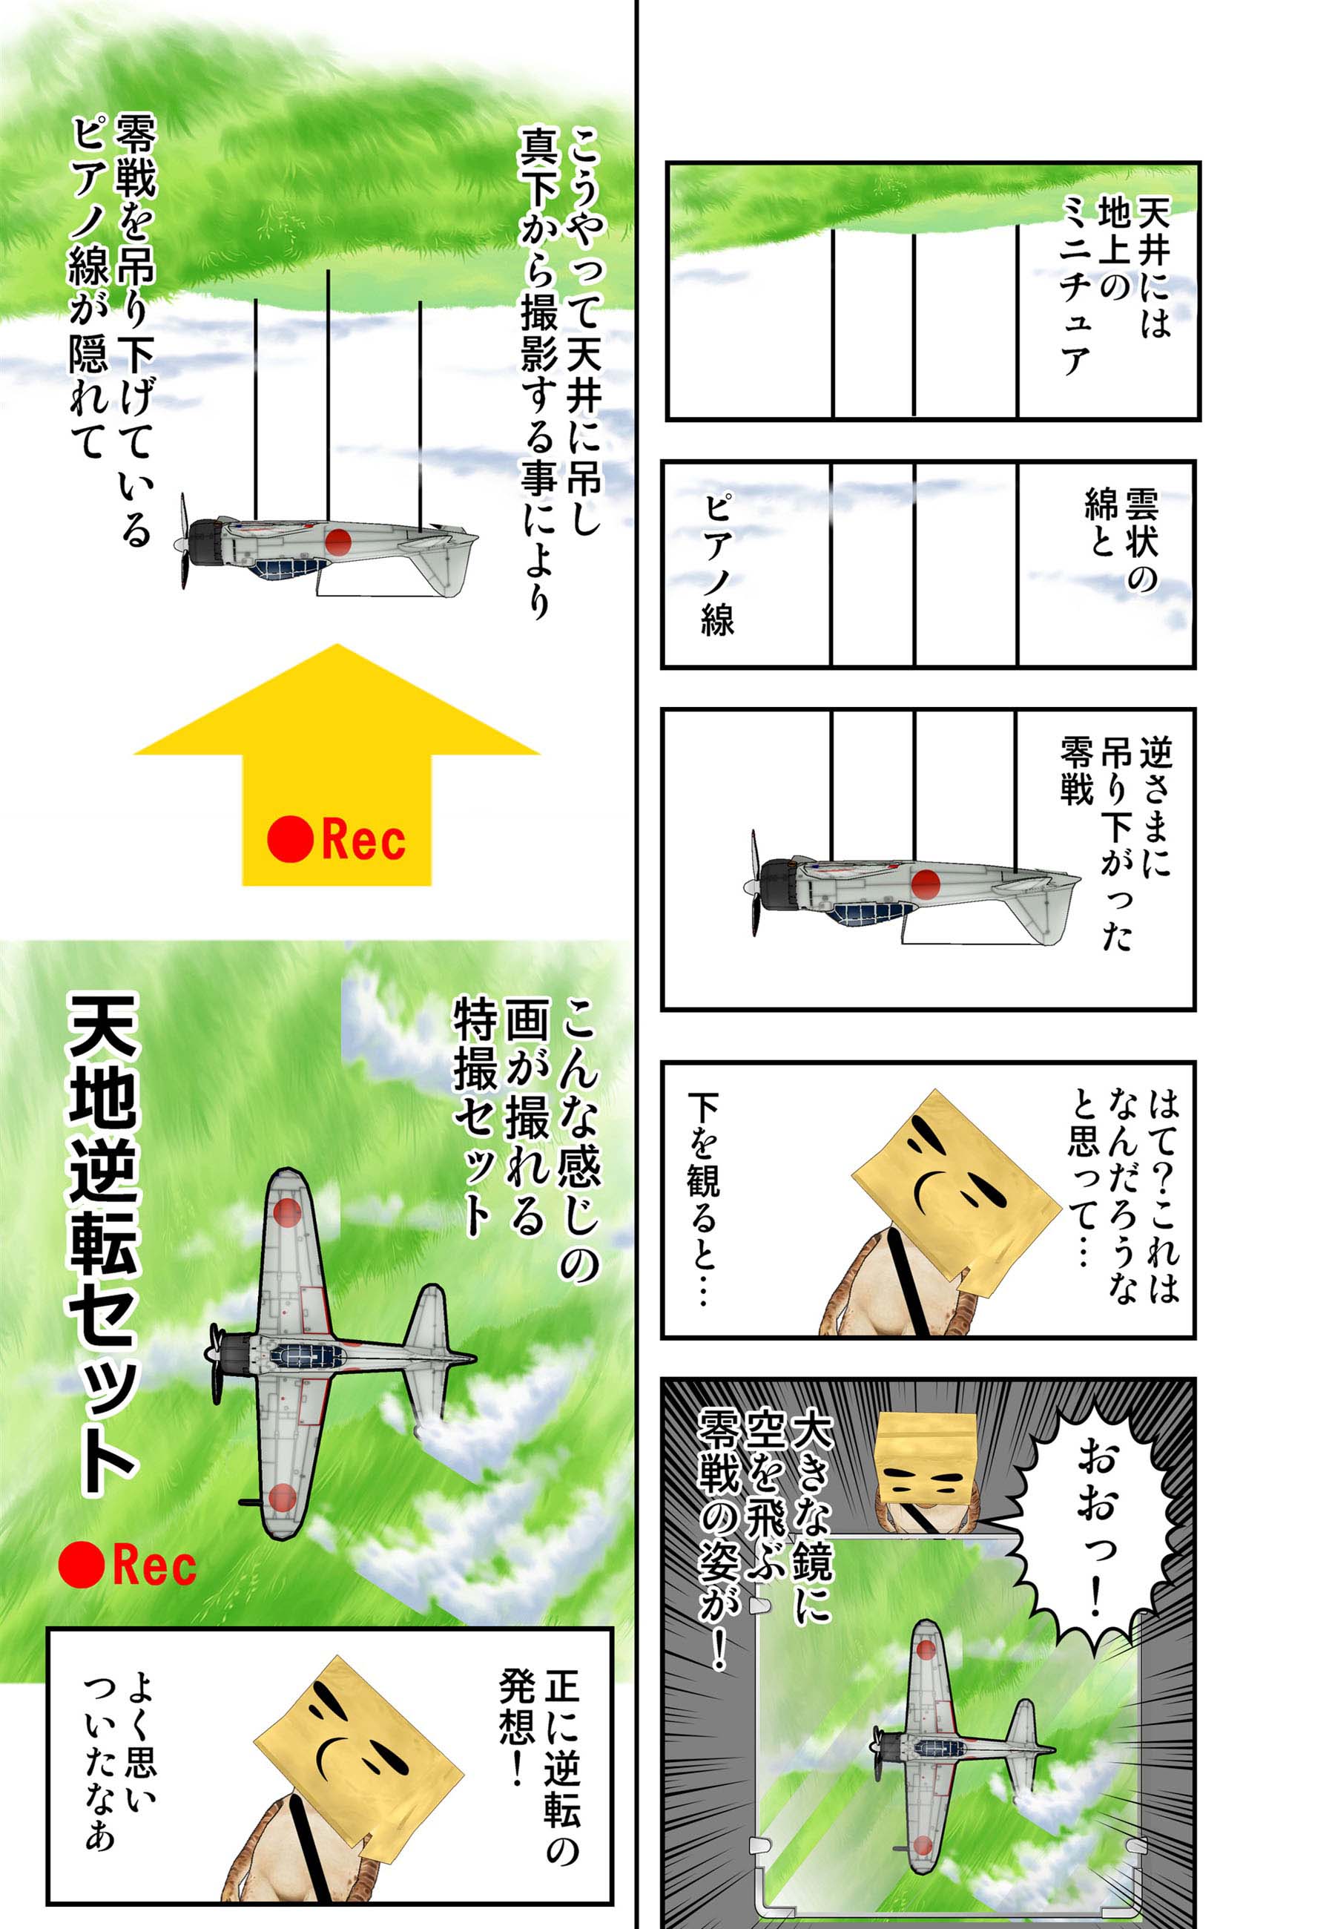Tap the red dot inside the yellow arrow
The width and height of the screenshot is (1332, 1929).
click(289, 839)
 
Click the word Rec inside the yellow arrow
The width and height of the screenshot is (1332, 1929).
click(363, 839)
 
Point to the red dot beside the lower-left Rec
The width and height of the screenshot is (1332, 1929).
click(81, 1564)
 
